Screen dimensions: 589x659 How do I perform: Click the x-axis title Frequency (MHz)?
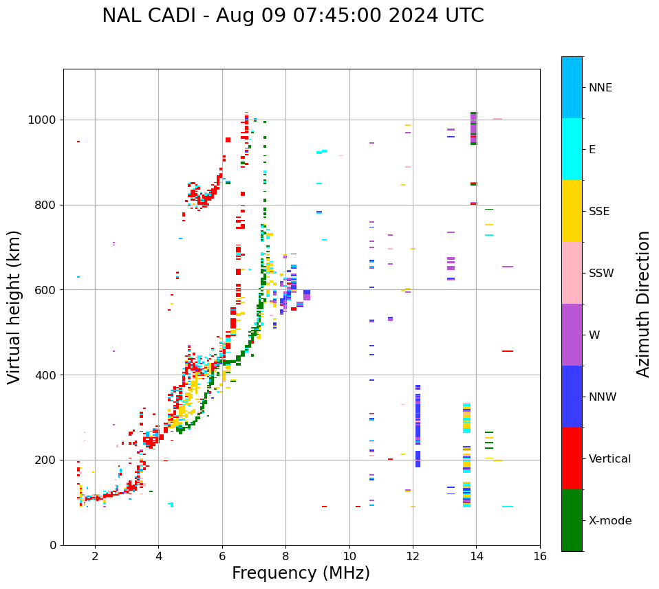301,573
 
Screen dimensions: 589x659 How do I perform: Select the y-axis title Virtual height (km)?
14,307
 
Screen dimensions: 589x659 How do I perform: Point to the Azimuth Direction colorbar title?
643,304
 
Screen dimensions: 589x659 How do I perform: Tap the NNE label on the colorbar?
600,88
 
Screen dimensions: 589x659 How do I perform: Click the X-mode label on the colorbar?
609,521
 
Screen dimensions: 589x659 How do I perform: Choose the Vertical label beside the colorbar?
609,459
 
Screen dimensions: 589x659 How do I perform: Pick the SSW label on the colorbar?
601,274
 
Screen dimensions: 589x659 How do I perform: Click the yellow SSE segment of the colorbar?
572,211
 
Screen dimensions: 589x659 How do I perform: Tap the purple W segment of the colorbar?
572,335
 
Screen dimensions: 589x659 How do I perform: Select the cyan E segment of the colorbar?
572,149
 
